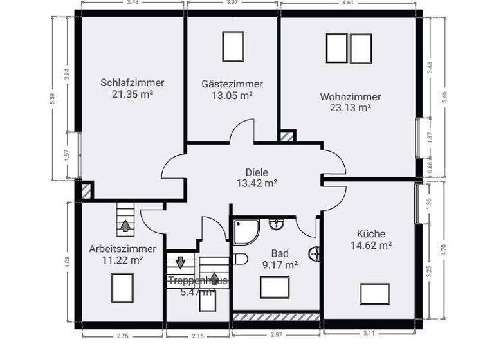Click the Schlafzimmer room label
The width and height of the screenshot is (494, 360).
[132, 83]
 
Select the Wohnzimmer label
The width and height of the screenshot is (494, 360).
[351, 97]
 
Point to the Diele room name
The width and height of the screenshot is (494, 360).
[256, 172]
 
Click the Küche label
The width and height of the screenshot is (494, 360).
[371, 234]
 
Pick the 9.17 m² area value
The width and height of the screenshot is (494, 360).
[280, 264]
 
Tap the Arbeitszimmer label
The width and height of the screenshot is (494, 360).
[122, 249]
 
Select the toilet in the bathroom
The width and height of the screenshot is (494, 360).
[240, 259]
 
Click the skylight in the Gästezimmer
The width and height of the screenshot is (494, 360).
[233, 46]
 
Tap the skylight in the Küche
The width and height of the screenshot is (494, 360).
[374, 293]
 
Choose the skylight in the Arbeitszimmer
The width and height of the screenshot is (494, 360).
[122, 285]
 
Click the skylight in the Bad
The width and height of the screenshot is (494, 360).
[275, 287]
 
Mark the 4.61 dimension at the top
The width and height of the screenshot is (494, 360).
[348, 3]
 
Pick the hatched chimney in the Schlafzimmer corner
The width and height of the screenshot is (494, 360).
[84, 191]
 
